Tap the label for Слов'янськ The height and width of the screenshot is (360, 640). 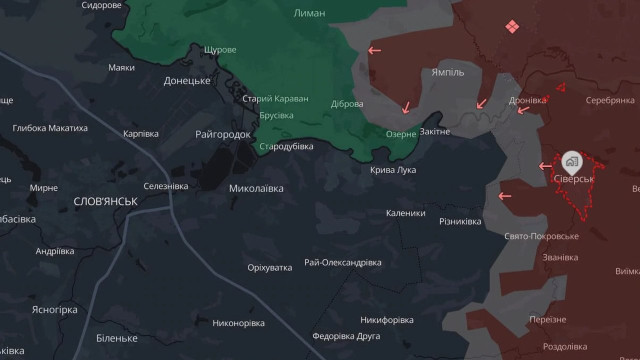(105, 201)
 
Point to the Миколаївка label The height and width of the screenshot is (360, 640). (256, 188)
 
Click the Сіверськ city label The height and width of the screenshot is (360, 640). (573, 178)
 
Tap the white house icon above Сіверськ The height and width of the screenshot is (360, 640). (571, 160)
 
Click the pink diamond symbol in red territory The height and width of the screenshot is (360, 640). (512, 26)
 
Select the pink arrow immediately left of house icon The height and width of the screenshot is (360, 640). (546, 166)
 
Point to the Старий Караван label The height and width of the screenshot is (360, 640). (275, 99)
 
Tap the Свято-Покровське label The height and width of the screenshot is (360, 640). (543, 236)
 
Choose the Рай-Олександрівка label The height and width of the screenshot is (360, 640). (343, 262)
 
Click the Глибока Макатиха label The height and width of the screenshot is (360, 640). (50, 128)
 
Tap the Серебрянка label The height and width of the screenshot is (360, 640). (610, 101)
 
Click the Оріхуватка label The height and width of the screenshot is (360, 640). (270, 268)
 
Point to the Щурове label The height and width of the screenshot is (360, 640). (220, 50)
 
